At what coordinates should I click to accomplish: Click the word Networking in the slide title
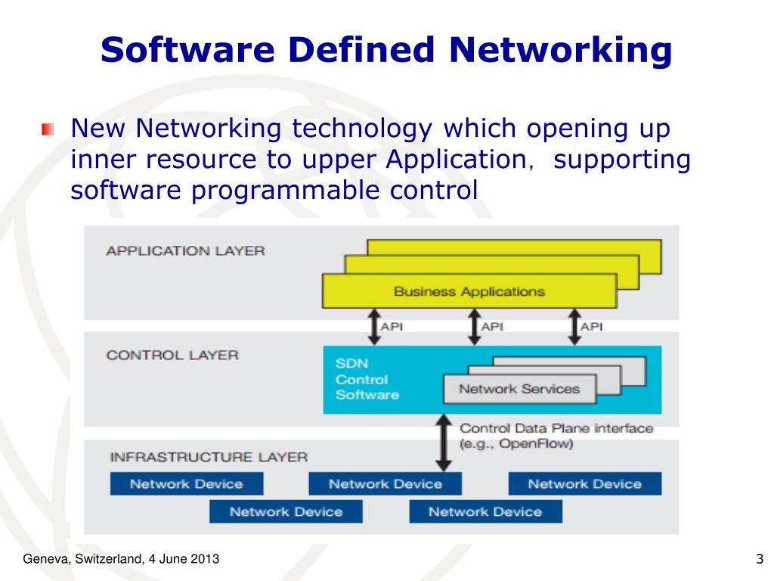coord(560,51)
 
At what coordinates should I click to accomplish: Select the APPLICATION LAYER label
coord(185,250)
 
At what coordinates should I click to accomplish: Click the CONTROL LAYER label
coord(172,355)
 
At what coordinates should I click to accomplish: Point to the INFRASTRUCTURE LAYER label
coord(209,457)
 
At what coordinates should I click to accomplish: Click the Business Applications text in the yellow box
coord(469,291)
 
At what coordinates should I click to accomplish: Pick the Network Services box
coord(519,389)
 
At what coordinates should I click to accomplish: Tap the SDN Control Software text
coord(367,379)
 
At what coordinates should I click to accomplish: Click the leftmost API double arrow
coord(373,327)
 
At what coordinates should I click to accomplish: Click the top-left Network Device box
coord(187,484)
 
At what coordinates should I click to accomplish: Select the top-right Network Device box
coord(584,484)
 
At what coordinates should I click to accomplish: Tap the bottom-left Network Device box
coord(286,511)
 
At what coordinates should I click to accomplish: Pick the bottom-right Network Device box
coord(485,511)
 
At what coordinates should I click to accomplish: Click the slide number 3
coord(759,559)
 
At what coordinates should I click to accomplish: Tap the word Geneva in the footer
coord(43,559)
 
